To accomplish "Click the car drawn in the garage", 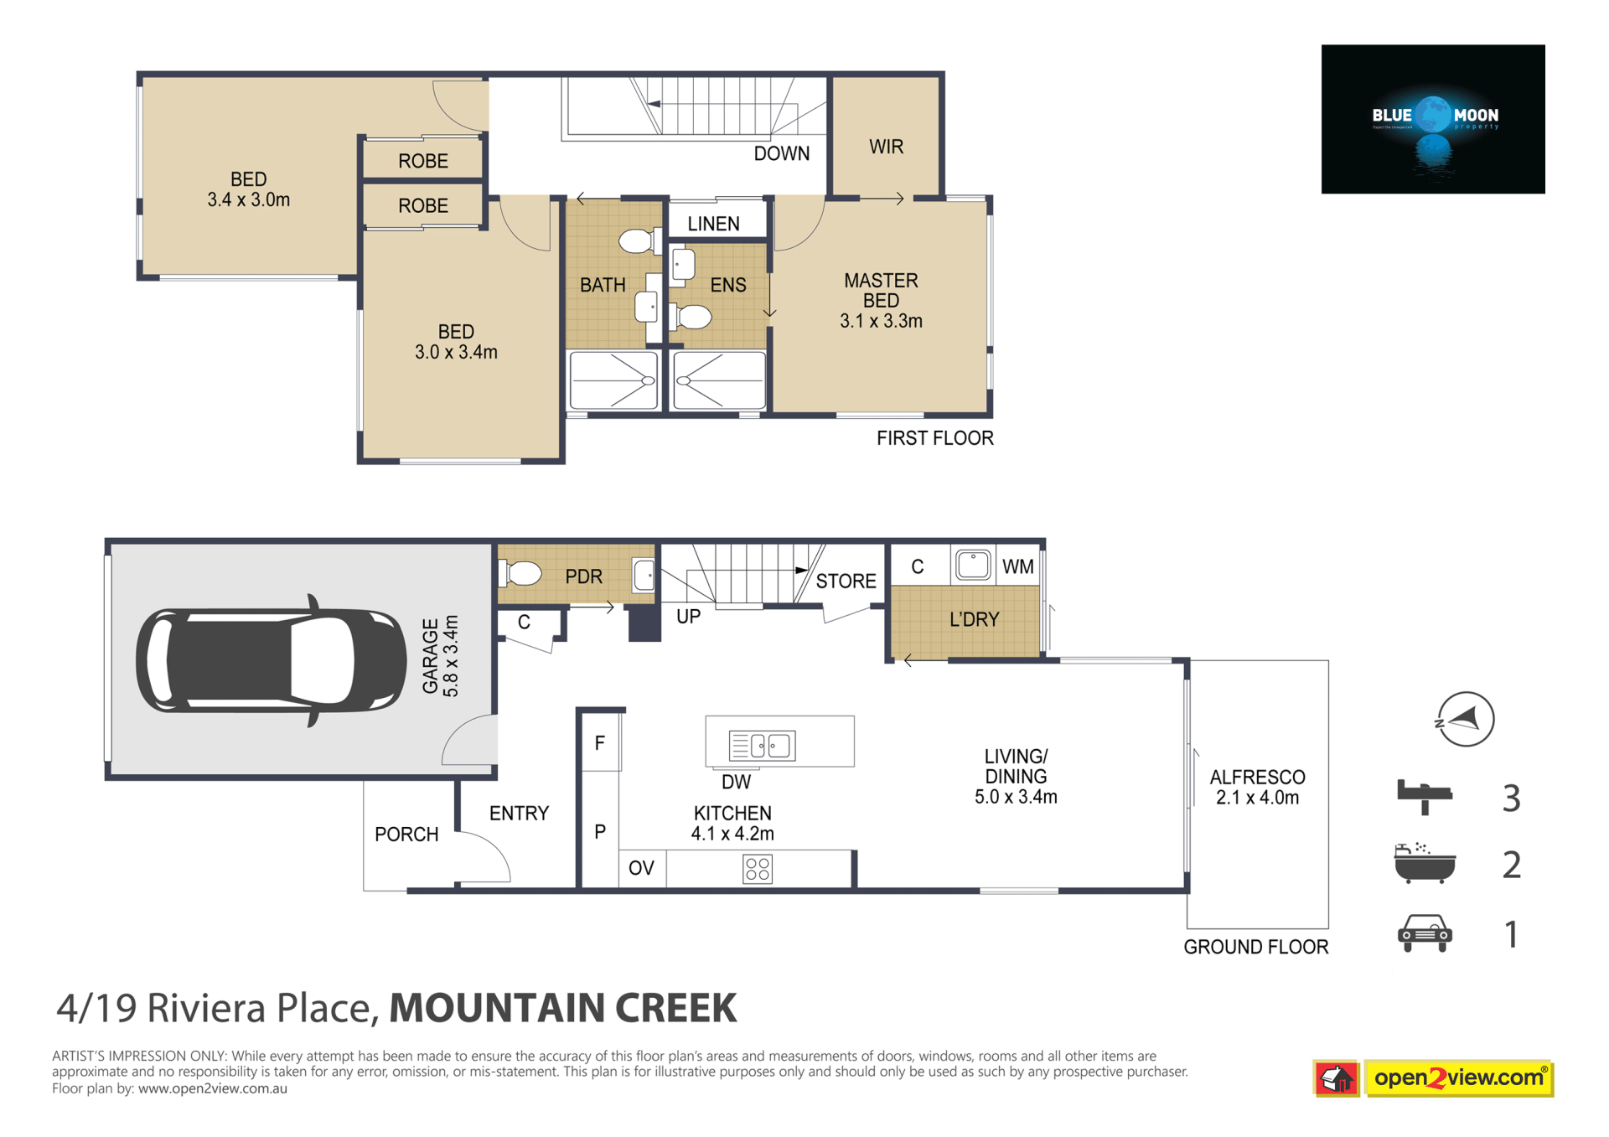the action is click(x=271, y=660).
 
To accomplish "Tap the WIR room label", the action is click(x=886, y=147).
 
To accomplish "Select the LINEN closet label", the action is click(x=713, y=224).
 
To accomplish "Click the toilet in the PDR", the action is click(x=520, y=574).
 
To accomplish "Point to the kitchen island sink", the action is click(x=762, y=745).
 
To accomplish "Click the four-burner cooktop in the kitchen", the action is click(x=757, y=869).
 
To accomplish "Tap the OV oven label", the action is click(x=641, y=868).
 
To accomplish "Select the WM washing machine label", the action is click(x=1017, y=567).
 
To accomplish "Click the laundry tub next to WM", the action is click(x=973, y=565).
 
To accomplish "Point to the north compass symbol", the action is click(x=1465, y=719).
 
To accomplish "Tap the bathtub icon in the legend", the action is click(x=1425, y=863).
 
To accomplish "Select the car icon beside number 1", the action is click(x=1425, y=933).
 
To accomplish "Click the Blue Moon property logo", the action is click(x=1433, y=119).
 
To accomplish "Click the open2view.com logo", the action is click(x=1433, y=1078).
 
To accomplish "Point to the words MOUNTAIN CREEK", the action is click(x=563, y=1008).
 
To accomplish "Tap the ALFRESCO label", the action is click(x=1257, y=778).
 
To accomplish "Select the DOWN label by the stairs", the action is click(x=782, y=154).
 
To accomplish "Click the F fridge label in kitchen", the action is click(x=600, y=742).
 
